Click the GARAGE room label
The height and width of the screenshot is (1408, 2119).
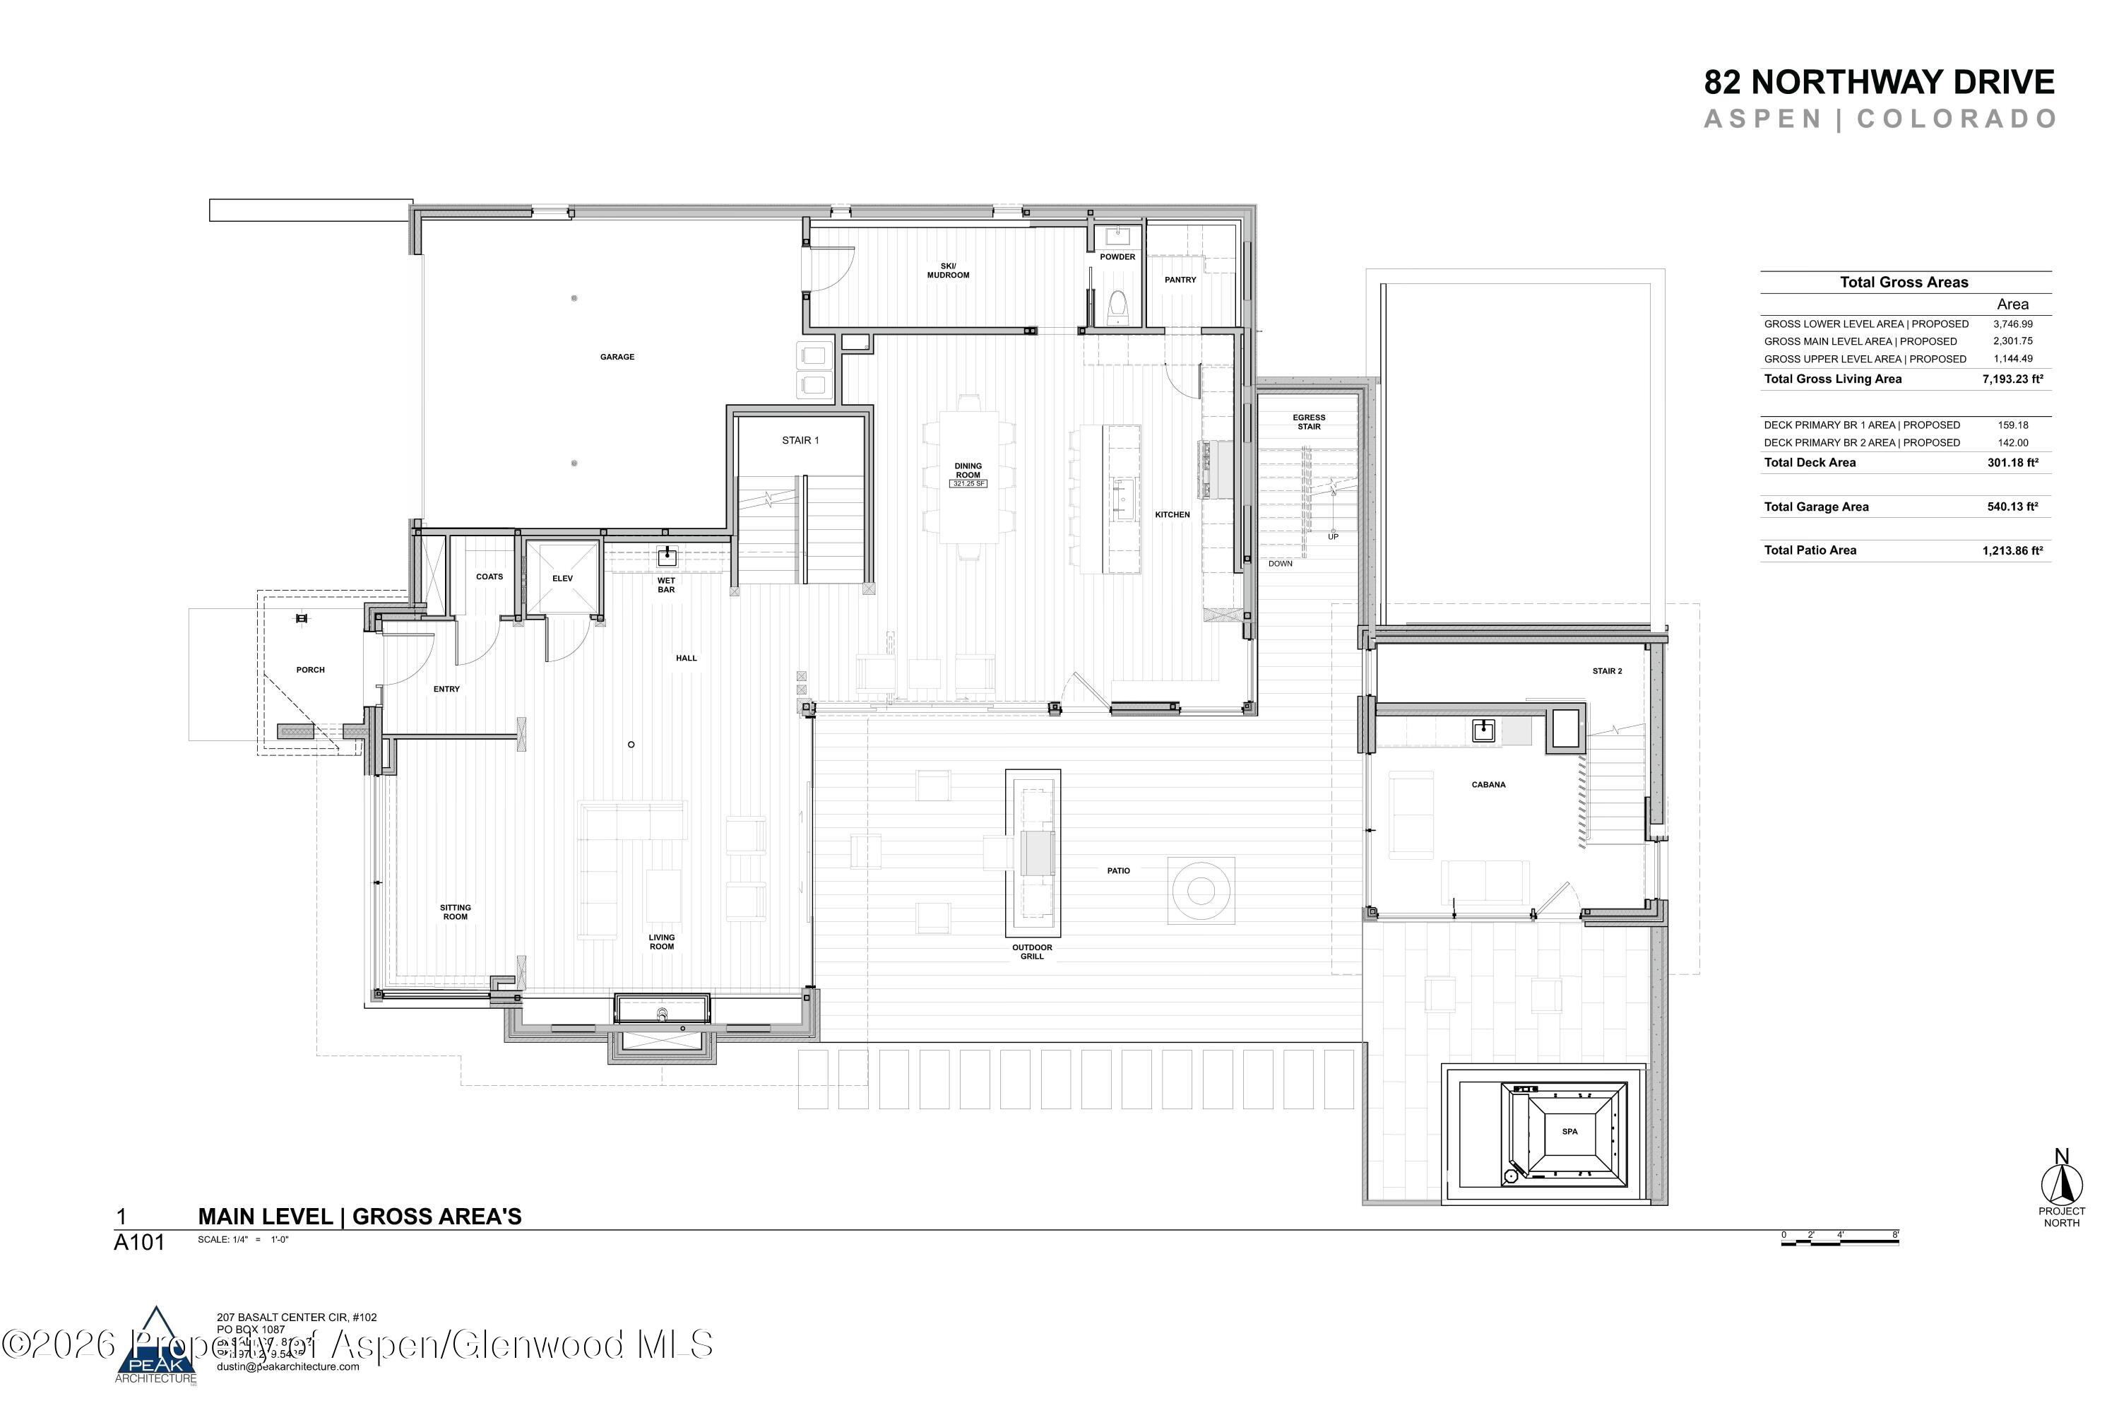tap(617, 357)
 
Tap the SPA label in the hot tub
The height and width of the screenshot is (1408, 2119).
tap(1569, 1132)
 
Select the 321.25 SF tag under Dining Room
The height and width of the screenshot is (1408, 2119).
tap(968, 484)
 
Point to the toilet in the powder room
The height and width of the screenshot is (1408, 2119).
tap(1117, 305)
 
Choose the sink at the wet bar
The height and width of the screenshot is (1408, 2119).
tap(667, 557)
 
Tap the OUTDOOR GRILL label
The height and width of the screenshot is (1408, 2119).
tap(1032, 952)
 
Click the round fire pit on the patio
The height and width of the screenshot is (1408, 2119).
tap(1200, 891)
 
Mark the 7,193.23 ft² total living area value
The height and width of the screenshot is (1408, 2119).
tap(2012, 379)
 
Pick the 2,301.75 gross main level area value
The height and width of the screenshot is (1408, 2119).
tap(2012, 341)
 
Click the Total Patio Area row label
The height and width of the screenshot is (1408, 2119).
tap(1810, 550)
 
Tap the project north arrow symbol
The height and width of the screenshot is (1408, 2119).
tap(2062, 1183)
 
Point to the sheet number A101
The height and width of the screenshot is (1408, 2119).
tap(139, 1243)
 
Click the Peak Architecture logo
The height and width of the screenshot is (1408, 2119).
tap(156, 1344)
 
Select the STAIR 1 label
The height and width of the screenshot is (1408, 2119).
tap(800, 440)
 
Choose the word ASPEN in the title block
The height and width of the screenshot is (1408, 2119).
tap(1762, 119)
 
